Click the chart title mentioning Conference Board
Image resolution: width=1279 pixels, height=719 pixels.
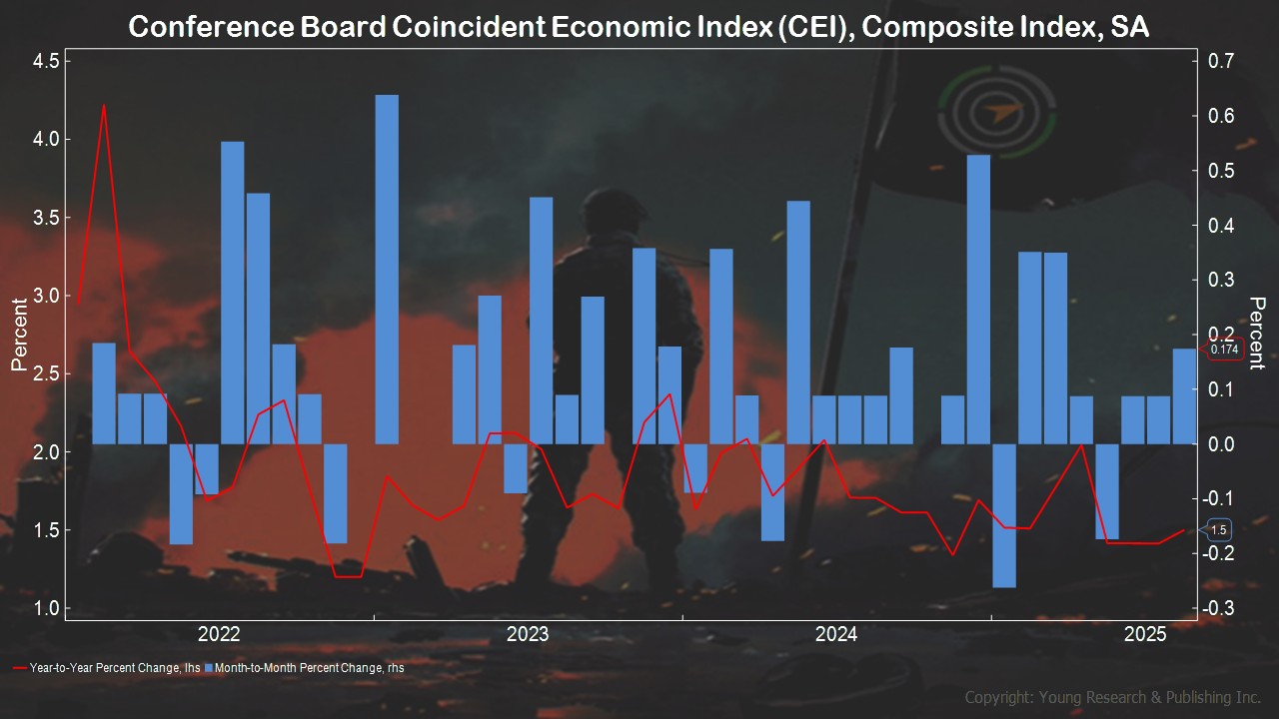click(639, 27)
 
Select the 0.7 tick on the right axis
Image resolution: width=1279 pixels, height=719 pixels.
click(1222, 62)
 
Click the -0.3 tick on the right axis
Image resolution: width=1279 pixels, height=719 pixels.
click(1220, 609)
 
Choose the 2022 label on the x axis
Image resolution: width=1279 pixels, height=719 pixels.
click(219, 634)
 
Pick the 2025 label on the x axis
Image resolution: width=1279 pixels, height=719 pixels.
click(1144, 634)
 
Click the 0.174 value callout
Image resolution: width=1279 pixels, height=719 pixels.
click(1224, 351)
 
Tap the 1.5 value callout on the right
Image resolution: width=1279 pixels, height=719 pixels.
click(1218, 530)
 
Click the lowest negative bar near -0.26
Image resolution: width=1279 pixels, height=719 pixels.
click(1004, 515)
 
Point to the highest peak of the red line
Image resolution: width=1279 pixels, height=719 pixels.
click(104, 105)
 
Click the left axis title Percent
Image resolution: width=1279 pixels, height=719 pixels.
click(18, 335)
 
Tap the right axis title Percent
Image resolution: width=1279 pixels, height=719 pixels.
click(1257, 333)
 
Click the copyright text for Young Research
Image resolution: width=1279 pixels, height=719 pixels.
click(1112, 697)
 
